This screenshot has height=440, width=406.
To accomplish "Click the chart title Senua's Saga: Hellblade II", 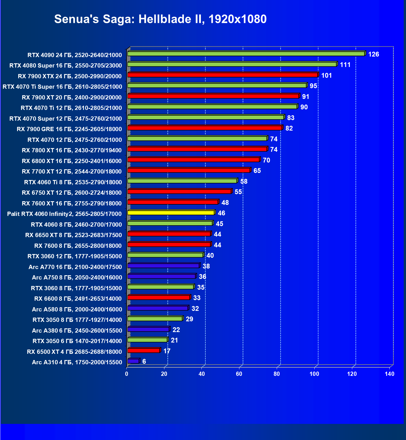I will tap(160, 19).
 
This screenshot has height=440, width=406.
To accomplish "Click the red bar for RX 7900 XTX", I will tap(222, 75).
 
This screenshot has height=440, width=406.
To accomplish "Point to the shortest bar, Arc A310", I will tap(133, 361).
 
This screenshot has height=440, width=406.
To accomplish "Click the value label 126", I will tap(373, 54).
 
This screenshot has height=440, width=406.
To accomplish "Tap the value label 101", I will tap(326, 75).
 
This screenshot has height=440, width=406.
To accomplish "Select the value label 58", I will tap(244, 181).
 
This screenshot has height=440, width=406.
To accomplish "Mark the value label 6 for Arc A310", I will tap(144, 361).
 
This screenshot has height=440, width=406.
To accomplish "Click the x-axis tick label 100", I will tap(314, 374).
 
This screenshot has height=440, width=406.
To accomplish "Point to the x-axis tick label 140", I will tap(389, 374).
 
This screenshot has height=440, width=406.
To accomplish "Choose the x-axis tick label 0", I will tap(126, 374).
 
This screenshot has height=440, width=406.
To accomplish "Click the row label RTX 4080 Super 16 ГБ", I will tap(66, 66).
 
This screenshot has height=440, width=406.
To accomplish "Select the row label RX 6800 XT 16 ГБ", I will tap(72, 161).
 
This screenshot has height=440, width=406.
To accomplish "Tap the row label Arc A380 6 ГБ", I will tap(77, 331).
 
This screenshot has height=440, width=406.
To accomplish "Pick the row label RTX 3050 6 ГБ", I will tap(77, 341).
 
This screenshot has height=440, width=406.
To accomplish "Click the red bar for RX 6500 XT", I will tap(144, 350).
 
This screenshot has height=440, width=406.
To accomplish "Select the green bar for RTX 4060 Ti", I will tap(182, 181).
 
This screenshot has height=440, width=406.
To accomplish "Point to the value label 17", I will tap(167, 351).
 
